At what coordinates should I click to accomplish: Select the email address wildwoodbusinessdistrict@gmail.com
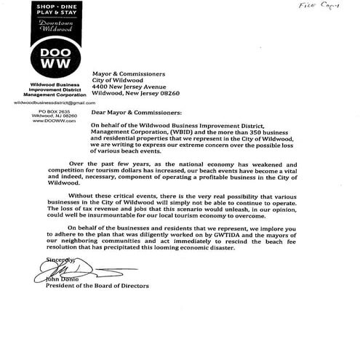45,103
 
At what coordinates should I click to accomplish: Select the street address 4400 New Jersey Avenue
134,87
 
